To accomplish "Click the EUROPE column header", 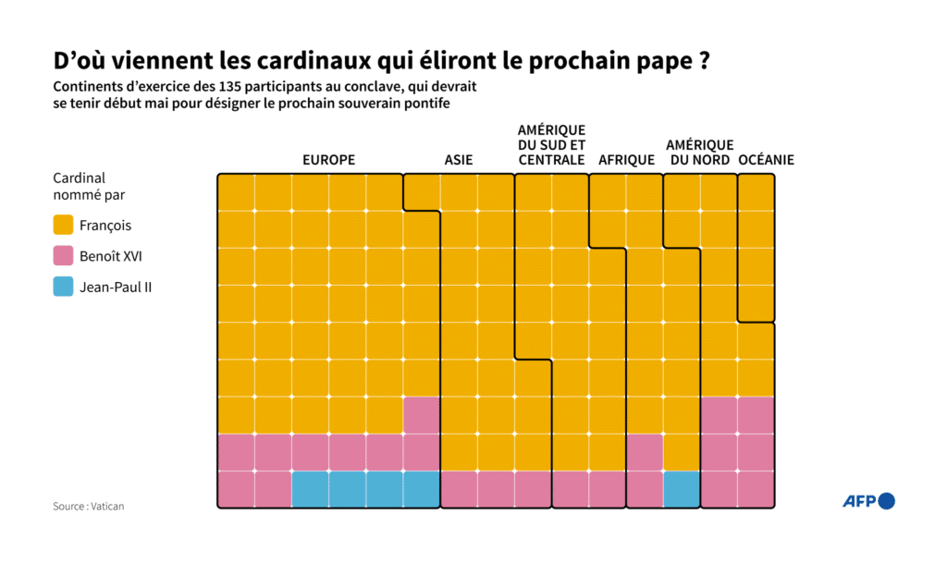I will pyautogui.click(x=328, y=160).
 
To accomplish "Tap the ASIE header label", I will pyautogui.click(x=458, y=160).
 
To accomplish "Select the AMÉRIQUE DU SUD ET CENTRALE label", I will pyautogui.click(x=551, y=145).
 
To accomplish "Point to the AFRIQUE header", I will pyautogui.click(x=626, y=160).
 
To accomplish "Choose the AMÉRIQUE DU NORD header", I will pyautogui.click(x=699, y=153).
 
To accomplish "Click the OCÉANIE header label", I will pyautogui.click(x=766, y=160).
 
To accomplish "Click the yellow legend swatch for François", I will pyautogui.click(x=63, y=226).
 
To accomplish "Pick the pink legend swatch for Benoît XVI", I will pyautogui.click(x=63, y=256).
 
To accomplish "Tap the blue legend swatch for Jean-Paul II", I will pyautogui.click(x=63, y=287).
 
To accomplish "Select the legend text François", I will pyautogui.click(x=105, y=226).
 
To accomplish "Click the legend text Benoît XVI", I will pyautogui.click(x=111, y=256).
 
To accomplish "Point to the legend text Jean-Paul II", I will pyautogui.click(x=116, y=287).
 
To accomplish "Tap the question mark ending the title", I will pyautogui.click(x=703, y=61).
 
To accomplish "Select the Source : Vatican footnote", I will pyautogui.click(x=88, y=506).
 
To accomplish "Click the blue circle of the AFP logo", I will pyautogui.click(x=886, y=501).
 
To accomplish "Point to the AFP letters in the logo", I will pyautogui.click(x=859, y=501).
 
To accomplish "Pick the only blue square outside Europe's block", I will pyautogui.click(x=682, y=489).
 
